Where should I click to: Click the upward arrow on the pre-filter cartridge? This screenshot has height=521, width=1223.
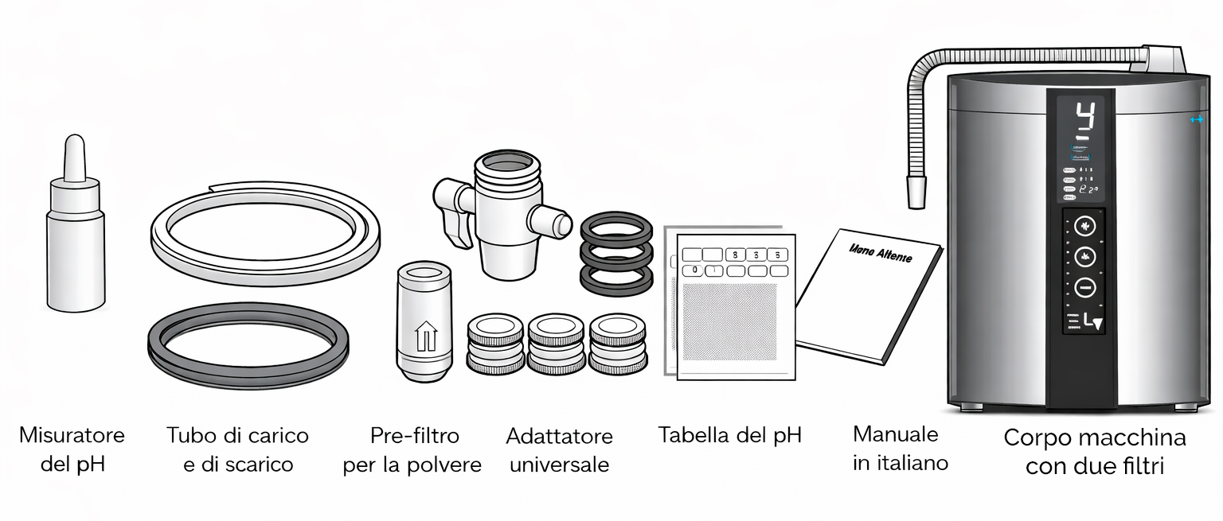426,335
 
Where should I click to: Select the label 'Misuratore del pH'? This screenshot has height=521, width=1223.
72,449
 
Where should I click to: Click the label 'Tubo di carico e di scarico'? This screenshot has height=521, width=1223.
237,449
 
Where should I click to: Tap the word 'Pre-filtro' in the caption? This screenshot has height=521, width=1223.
415,436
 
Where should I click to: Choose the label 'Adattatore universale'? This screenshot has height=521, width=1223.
560,450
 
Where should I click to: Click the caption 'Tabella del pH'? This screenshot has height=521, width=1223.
729,435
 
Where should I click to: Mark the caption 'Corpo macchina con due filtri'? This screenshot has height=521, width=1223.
1094,452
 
